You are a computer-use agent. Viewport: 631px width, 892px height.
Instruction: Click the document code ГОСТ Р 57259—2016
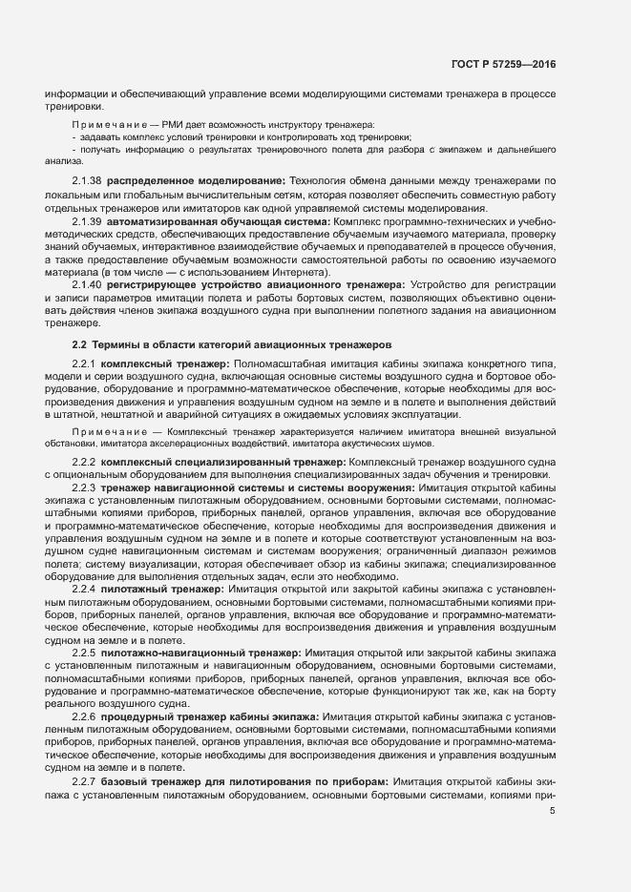click(502, 65)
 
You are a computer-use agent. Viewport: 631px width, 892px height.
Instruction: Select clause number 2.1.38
click(86, 180)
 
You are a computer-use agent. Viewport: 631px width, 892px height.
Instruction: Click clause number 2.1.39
click(86, 221)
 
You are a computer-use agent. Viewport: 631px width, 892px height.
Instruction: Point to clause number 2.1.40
click(86, 284)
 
